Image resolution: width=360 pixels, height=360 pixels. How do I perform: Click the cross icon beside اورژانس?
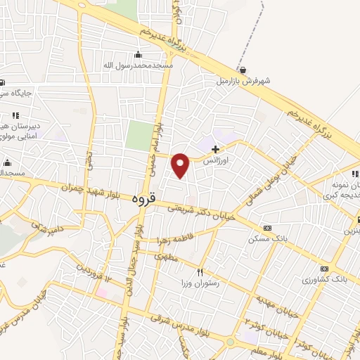[215, 149]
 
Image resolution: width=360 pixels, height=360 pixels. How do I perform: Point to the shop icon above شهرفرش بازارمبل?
[243, 70]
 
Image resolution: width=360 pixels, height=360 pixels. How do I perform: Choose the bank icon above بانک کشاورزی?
[323, 269]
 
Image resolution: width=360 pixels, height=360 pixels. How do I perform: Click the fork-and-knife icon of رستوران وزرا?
[200, 272]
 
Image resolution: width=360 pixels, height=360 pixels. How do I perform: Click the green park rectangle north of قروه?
[140, 136]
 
